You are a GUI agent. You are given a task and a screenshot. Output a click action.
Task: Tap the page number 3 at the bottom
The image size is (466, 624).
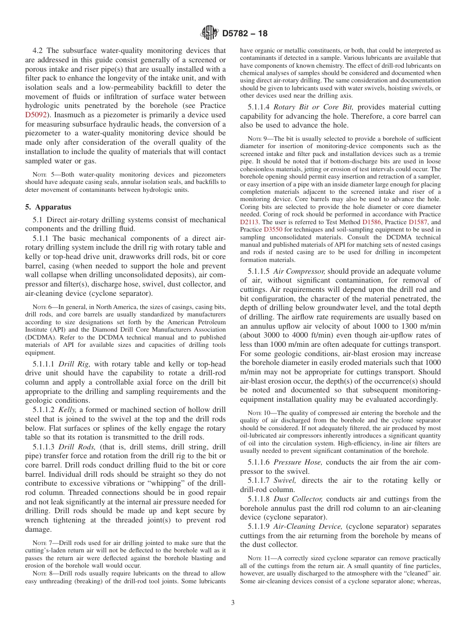coord(233,603)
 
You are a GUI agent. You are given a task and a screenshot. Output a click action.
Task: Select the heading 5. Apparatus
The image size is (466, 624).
coord(48,207)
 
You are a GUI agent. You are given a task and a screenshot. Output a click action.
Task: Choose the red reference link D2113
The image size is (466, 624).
coord(250,222)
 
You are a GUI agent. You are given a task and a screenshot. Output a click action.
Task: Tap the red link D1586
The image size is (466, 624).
coord(372,222)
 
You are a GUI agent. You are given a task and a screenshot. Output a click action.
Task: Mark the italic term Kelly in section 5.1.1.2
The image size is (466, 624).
coord(67,410)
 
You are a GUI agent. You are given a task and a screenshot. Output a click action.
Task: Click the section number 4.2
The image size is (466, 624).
coord(39,51)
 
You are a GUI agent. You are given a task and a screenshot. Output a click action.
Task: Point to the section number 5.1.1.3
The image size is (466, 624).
coord(45,447)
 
